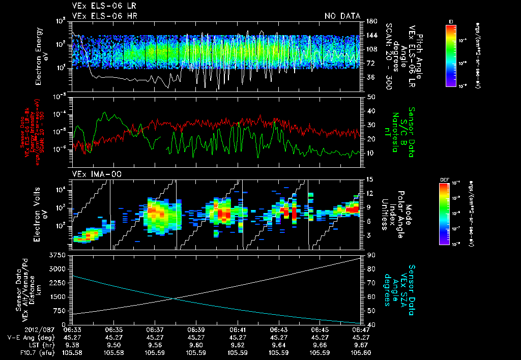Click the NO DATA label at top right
tap(342, 16)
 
